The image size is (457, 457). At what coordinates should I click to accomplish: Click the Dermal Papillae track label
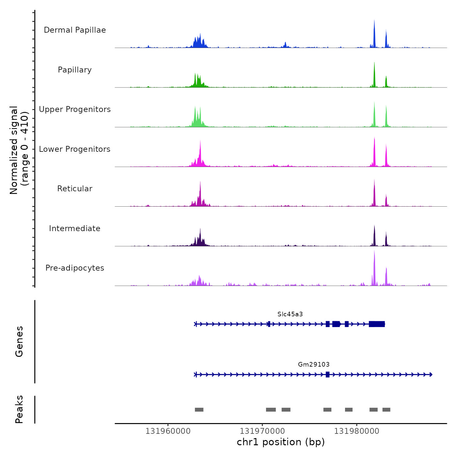coord(75,30)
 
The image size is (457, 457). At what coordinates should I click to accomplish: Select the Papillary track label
coord(75,70)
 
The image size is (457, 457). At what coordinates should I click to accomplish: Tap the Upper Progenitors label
coord(75,109)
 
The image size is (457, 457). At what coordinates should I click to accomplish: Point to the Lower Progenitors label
coord(75,149)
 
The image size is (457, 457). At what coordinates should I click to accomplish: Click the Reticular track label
coord(75,189)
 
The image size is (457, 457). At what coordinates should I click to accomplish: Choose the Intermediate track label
coord(75,228)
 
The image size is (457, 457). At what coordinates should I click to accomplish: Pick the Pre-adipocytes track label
coord(75,268)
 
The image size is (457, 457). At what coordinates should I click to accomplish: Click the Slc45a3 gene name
coord(290,314)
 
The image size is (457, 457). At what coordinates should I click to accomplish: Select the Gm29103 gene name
coord(314,364)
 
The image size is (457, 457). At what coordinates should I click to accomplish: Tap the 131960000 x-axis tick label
coord(168,431)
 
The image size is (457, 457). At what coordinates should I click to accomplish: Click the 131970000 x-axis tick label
coord(262,431)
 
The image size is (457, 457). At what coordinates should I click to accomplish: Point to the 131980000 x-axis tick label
coord(356,431)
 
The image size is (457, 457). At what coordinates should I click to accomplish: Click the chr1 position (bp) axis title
coord(281,442)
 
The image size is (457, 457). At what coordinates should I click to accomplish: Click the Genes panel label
coord(19,341)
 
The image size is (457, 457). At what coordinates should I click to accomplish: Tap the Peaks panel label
coord(19,409)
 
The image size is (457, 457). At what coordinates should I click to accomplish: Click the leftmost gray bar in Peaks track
coord(199,410)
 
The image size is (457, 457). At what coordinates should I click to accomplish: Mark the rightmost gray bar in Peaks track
coord(386,410)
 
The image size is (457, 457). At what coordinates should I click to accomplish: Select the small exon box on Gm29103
coord(327,374)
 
